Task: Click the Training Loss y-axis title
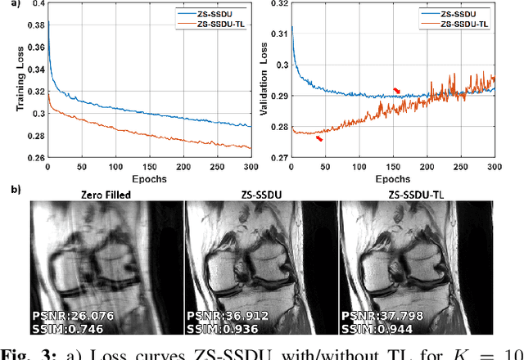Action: tap(11, 85)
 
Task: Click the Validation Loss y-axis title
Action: tap(263, 84)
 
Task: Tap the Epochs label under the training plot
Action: tap(148, 179)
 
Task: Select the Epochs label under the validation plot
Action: tap(393, 179)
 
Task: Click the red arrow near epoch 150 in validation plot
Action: tap(397, 91)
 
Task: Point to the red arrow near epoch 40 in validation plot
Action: tap(318, 138)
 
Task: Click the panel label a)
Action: tap(9, 5)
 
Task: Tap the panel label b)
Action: tap(9, 190)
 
